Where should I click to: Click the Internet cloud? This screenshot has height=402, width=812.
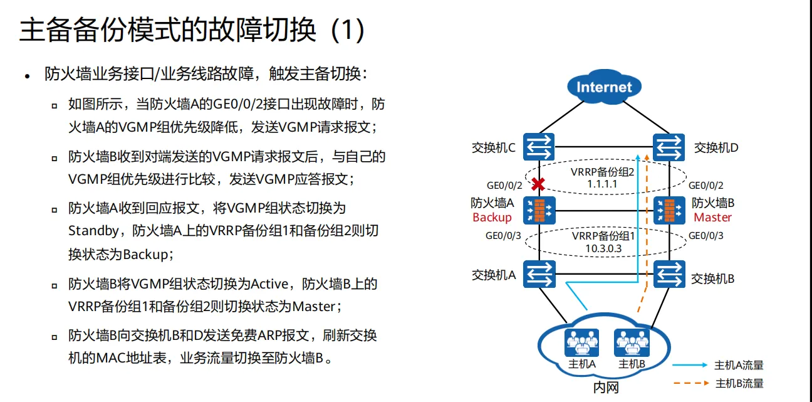[x=604, y=87]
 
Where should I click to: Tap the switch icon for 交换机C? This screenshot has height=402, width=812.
[x=538, y=147]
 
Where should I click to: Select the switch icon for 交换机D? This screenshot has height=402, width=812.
[x=669, y=147]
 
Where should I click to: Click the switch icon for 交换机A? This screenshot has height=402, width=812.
[x=538, y=274]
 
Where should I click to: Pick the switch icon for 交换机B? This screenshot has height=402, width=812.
[x=669, y=274]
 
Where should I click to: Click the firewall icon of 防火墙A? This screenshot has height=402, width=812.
[x=538, y=211]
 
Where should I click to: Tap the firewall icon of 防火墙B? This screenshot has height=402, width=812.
[x=669, y=211]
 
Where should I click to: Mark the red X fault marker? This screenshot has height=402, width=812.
[x=538, y=185]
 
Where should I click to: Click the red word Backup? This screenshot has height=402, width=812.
[x=492, y=218]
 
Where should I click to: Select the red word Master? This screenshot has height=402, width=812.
[x=712, y=218]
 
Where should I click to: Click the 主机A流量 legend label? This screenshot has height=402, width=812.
[x=739, y=365]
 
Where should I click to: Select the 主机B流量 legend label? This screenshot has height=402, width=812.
[x=739, y=383]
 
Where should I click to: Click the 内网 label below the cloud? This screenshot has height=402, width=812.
[x=605, y=388]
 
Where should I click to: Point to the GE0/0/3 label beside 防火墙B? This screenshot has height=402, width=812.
[x=706, y=236]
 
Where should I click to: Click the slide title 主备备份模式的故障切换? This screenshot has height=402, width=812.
[x=168, y=29]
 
